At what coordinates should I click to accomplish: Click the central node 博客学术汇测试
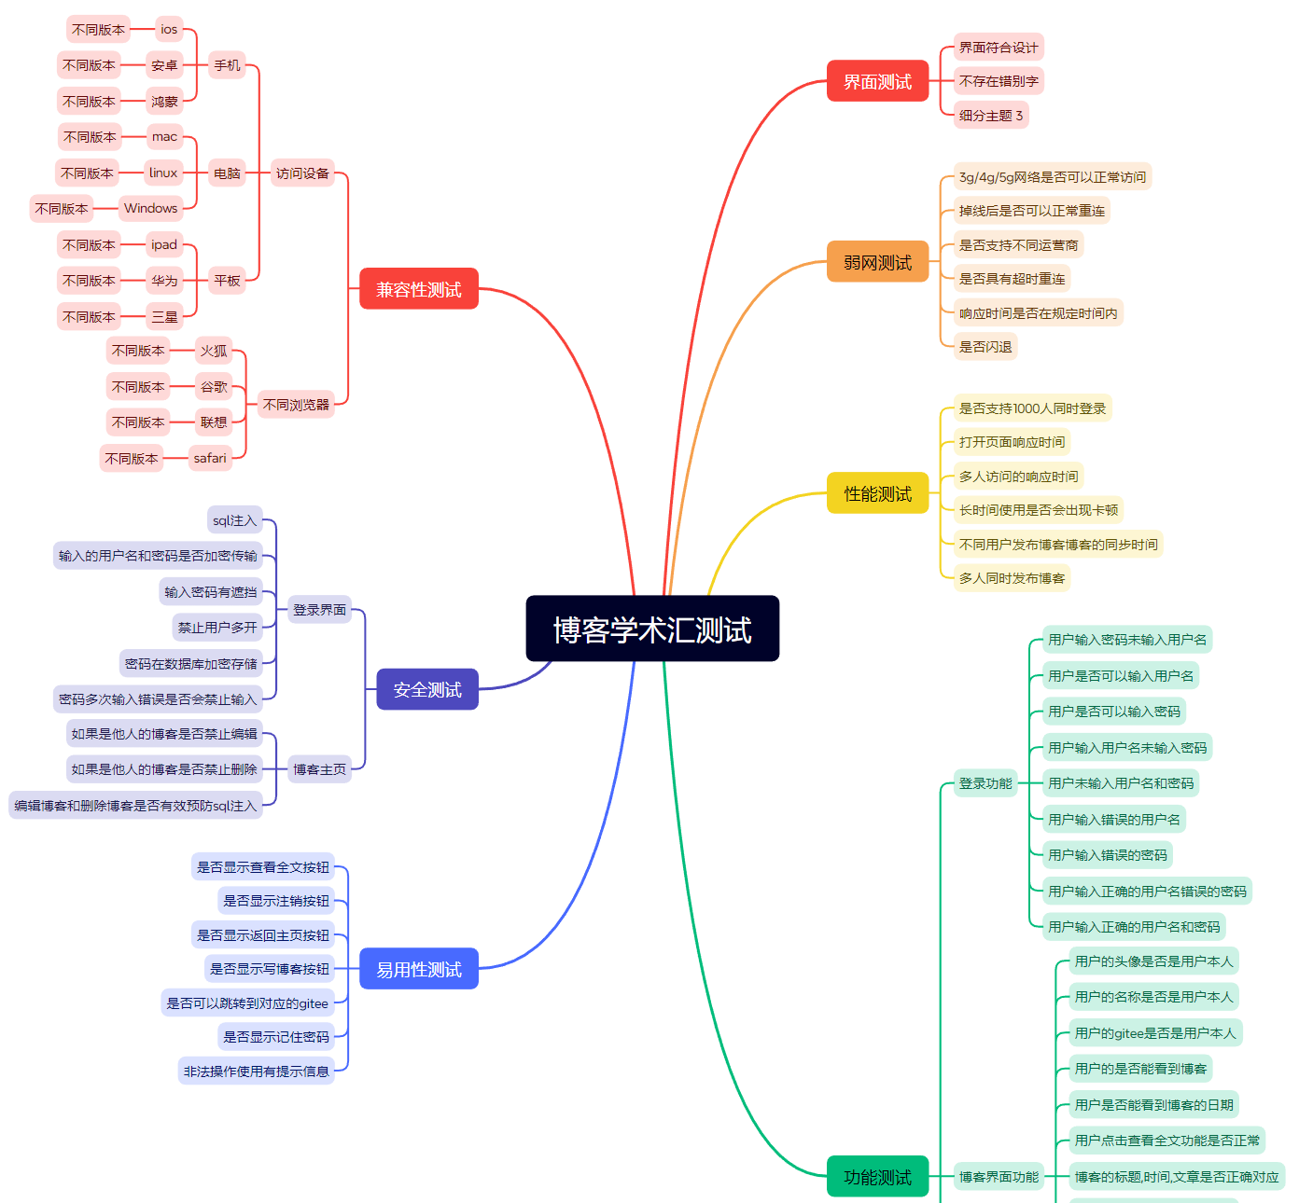[x=652, y=629]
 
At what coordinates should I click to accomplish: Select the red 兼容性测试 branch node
[x=418, y=289]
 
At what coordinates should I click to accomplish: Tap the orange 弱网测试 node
[x=877, y=262]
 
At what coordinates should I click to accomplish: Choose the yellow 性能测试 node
[x=877, y=493]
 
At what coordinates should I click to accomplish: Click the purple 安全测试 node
[x=426, y=689]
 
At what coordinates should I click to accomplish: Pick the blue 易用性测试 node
[x=418, y=969]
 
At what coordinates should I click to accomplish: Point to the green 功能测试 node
[x=877, y=1177]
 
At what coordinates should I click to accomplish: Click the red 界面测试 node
[x=877, y=81]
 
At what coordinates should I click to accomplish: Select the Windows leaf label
[x=150, y=208]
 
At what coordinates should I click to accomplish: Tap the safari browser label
[x=210, y=458]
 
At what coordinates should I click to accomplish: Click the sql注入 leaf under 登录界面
[x=234, y=520]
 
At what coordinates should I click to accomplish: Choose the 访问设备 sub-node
[x=302, y=173]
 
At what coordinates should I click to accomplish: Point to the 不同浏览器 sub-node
[x=296, y=405]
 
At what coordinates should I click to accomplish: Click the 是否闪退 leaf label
[x=985, y=347]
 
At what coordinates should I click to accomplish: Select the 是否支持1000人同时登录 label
[x=1032, y=408]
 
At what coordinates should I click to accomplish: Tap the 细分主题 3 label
[x=991, y=116]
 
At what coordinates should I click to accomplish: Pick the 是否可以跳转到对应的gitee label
[x=247, y=1003]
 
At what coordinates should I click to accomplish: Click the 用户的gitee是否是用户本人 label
[x=1155, y=1033]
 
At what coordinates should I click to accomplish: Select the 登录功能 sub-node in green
[x=985, y=783]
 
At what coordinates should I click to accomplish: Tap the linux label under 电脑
[x=163, y=173]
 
